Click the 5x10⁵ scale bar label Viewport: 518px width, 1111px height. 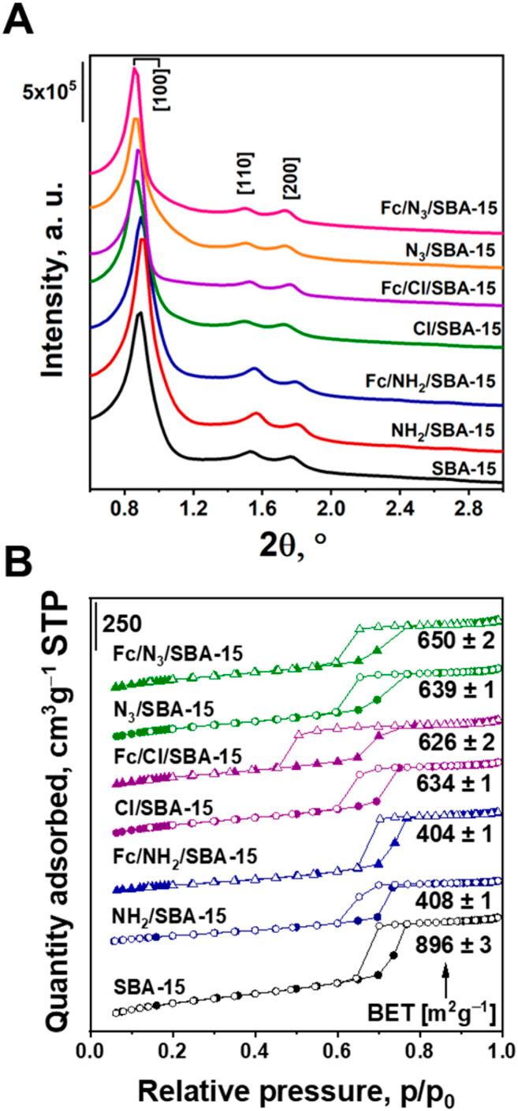(47, 92)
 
